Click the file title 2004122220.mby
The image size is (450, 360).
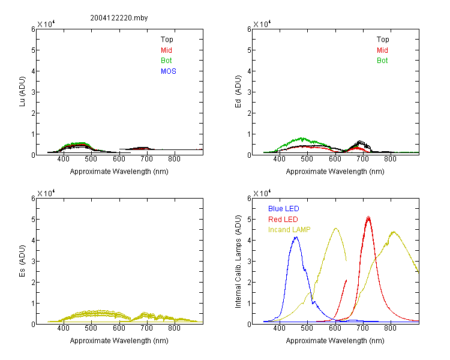[119, 18]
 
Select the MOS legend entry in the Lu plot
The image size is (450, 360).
[169, 71]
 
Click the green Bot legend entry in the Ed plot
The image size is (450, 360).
[382, 61]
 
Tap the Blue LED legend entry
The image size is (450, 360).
[284, 209]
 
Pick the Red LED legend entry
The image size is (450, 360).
[283, 220]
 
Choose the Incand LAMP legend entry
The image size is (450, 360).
[289, 230]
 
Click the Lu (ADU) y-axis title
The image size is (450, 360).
[22, 91]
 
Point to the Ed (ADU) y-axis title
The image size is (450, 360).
[238, 91]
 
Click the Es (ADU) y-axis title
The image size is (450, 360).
[22, 260]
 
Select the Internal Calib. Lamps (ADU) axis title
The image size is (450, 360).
[238, 262]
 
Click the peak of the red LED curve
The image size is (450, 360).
[368, 218]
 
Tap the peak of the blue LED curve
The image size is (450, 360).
[296, 237]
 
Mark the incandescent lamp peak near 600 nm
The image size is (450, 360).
[335, 228]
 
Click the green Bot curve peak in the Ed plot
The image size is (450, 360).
[302, 138]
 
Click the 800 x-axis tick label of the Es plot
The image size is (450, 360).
[174, 328]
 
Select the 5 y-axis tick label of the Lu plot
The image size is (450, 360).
[33, 50]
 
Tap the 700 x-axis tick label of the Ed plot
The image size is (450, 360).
[362, 159]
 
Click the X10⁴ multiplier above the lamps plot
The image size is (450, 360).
[262, 193]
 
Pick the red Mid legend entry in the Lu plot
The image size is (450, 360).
[166, 50]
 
